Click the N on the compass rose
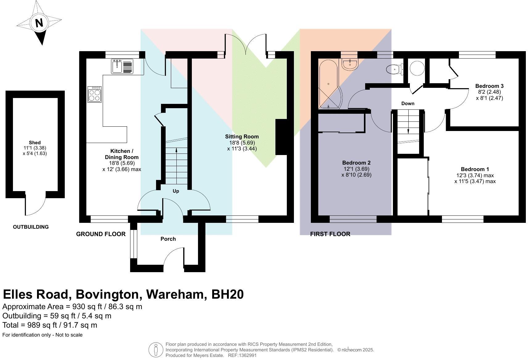tap(39, 23)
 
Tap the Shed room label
tap(35, 142)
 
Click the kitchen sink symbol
tap(122, 66)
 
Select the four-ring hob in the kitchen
tap(94, 94)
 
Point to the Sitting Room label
tap(242, 137)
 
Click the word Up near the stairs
tap(176, 191)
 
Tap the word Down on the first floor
tap(408, 104)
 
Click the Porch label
tap(168, 239)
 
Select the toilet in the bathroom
tap(395, 69)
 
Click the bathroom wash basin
tap(349, 64)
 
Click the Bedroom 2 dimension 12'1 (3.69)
tap(356, 169)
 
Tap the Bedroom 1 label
tap(475, 169)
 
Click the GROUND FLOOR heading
tap(101, 234)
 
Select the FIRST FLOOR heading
tap(330, 234)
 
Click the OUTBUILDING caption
tap(31, 227)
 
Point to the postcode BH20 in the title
tap(227, 294)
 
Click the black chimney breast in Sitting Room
tap(281, 137)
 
